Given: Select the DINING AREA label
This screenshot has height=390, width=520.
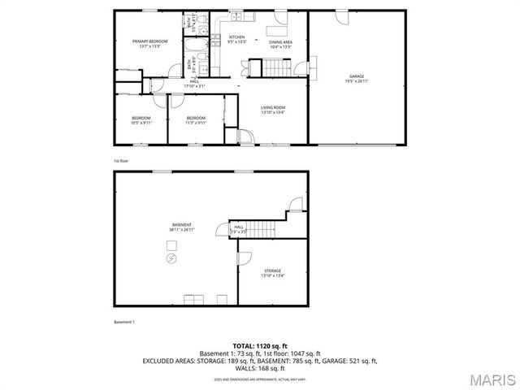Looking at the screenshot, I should click(x=280, y=44).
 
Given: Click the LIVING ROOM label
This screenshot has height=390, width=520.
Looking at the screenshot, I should click(x=272, y=110).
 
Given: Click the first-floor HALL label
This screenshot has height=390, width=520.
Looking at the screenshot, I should click(x=195, y=83).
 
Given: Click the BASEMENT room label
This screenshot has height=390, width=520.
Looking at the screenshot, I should click(x=181, y=227).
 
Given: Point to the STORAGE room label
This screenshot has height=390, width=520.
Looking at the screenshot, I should click(x=272, y=273).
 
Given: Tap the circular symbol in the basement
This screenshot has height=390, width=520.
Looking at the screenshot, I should click(x=171, y=259).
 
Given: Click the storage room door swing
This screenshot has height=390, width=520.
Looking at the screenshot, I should click(x=244, y=258).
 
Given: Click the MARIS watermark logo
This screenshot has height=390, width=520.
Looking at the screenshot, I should click(x=491, y=379).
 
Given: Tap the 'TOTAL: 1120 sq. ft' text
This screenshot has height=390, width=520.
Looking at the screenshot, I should click(x=260, y=346).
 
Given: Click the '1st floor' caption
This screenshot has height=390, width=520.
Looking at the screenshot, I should click(x=121, y=161).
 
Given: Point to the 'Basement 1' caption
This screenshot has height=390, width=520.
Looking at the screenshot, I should click(x=123, y=322).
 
